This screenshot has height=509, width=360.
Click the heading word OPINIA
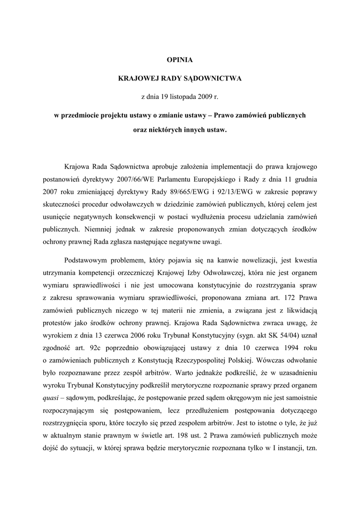pos(180,60)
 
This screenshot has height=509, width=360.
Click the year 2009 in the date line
pos(208,96)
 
